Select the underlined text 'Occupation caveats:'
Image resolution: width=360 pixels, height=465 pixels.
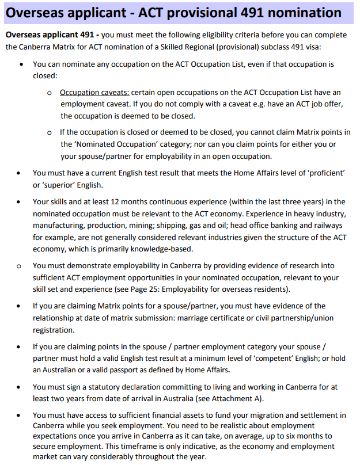95,92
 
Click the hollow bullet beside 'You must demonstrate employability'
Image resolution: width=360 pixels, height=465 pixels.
20,266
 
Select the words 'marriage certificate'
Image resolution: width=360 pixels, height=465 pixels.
226,318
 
